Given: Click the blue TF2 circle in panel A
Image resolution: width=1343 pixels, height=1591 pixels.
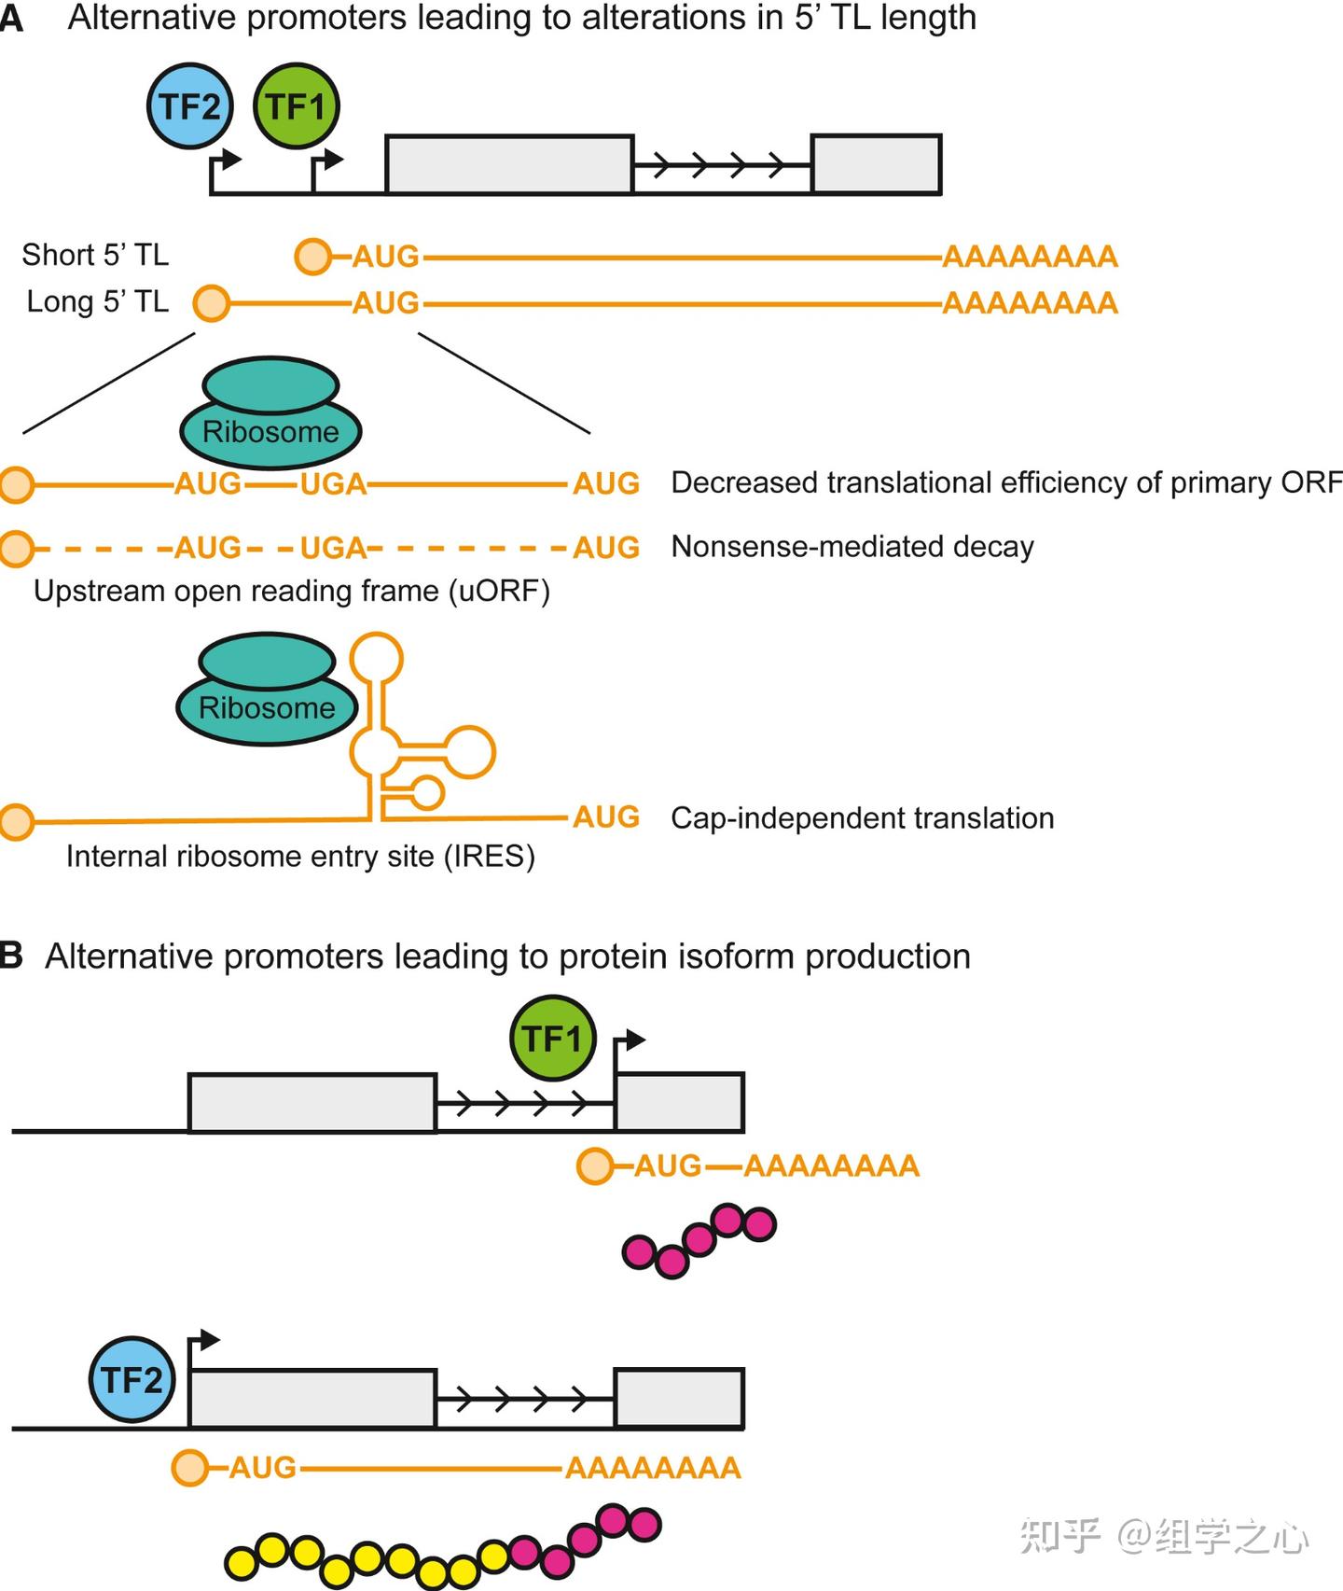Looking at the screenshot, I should pos(189,106).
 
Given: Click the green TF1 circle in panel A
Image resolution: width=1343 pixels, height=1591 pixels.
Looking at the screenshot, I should pos(296,106).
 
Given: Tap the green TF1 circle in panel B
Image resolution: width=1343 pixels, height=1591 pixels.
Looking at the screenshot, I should pos(552,1038).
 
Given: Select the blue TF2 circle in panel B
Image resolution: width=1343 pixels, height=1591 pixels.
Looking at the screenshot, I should pos(132,1379).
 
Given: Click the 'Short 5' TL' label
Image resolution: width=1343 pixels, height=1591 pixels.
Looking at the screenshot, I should pos(95,255).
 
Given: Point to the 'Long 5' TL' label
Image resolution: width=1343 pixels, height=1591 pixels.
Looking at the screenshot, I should pos(97,301).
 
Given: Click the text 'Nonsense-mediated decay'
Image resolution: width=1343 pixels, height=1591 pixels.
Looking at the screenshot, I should pos(852,546).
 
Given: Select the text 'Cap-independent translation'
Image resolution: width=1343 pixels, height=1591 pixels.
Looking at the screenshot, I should pos(863,817).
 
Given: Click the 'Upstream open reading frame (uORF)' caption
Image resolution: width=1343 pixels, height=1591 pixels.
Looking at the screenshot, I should pos(292,591).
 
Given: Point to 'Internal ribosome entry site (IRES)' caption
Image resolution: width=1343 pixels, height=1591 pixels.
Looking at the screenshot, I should pos(300,856).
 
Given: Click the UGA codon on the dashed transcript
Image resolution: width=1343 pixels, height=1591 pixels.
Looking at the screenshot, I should pos(333,548).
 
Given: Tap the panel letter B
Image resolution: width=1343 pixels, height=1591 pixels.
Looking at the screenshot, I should pos(11,956).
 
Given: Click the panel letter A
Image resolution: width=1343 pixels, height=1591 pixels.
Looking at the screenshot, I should pos(11,18).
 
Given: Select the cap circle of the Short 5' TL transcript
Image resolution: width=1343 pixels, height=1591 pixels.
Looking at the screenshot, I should pos(312,256).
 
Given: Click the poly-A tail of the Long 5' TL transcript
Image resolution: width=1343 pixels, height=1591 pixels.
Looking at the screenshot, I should pos(1030,302).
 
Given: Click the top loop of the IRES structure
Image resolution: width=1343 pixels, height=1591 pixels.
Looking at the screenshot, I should pos(376,659).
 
